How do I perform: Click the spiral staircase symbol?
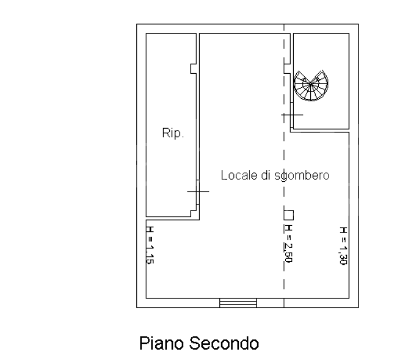(x=311, y=86)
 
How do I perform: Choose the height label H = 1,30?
(x=343, y=246)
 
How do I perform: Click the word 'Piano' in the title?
(x=161, y=344)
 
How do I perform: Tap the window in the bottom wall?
(x=238, y=303)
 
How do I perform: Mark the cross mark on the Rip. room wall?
(x=198, y=192)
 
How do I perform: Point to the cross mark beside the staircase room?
(x=292, y=114)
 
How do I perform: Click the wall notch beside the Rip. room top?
(x=193, y=68)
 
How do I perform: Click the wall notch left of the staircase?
(x=287, y=67)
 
